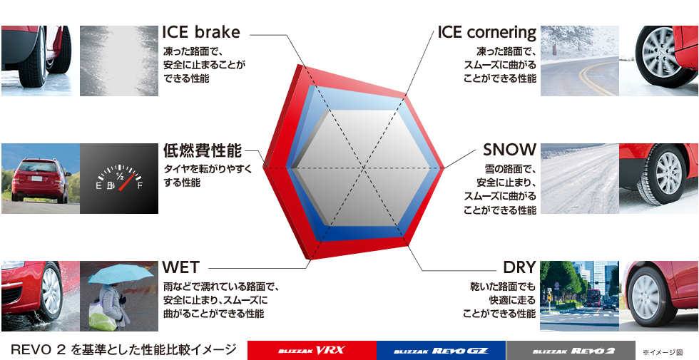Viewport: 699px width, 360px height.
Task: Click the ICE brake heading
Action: pos(201,32)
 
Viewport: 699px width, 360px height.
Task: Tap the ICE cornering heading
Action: pos(486,33)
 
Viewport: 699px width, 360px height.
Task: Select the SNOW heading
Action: pos(509,150)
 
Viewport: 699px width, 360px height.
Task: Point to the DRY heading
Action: pos(519,267)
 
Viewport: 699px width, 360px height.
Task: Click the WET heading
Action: pos(180,267)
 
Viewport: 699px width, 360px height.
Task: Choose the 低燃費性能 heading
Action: pos(203,150)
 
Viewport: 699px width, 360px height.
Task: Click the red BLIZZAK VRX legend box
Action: pos(312,350)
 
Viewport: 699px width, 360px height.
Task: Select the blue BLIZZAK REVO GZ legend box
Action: pos(442,350)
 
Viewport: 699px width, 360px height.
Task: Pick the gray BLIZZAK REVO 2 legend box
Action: pos(571,350)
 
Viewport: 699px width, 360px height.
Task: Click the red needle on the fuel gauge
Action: pos(127,181)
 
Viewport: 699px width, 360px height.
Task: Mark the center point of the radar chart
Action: pos(365,168)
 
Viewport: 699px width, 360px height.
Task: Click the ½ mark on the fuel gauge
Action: pos(120,175)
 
